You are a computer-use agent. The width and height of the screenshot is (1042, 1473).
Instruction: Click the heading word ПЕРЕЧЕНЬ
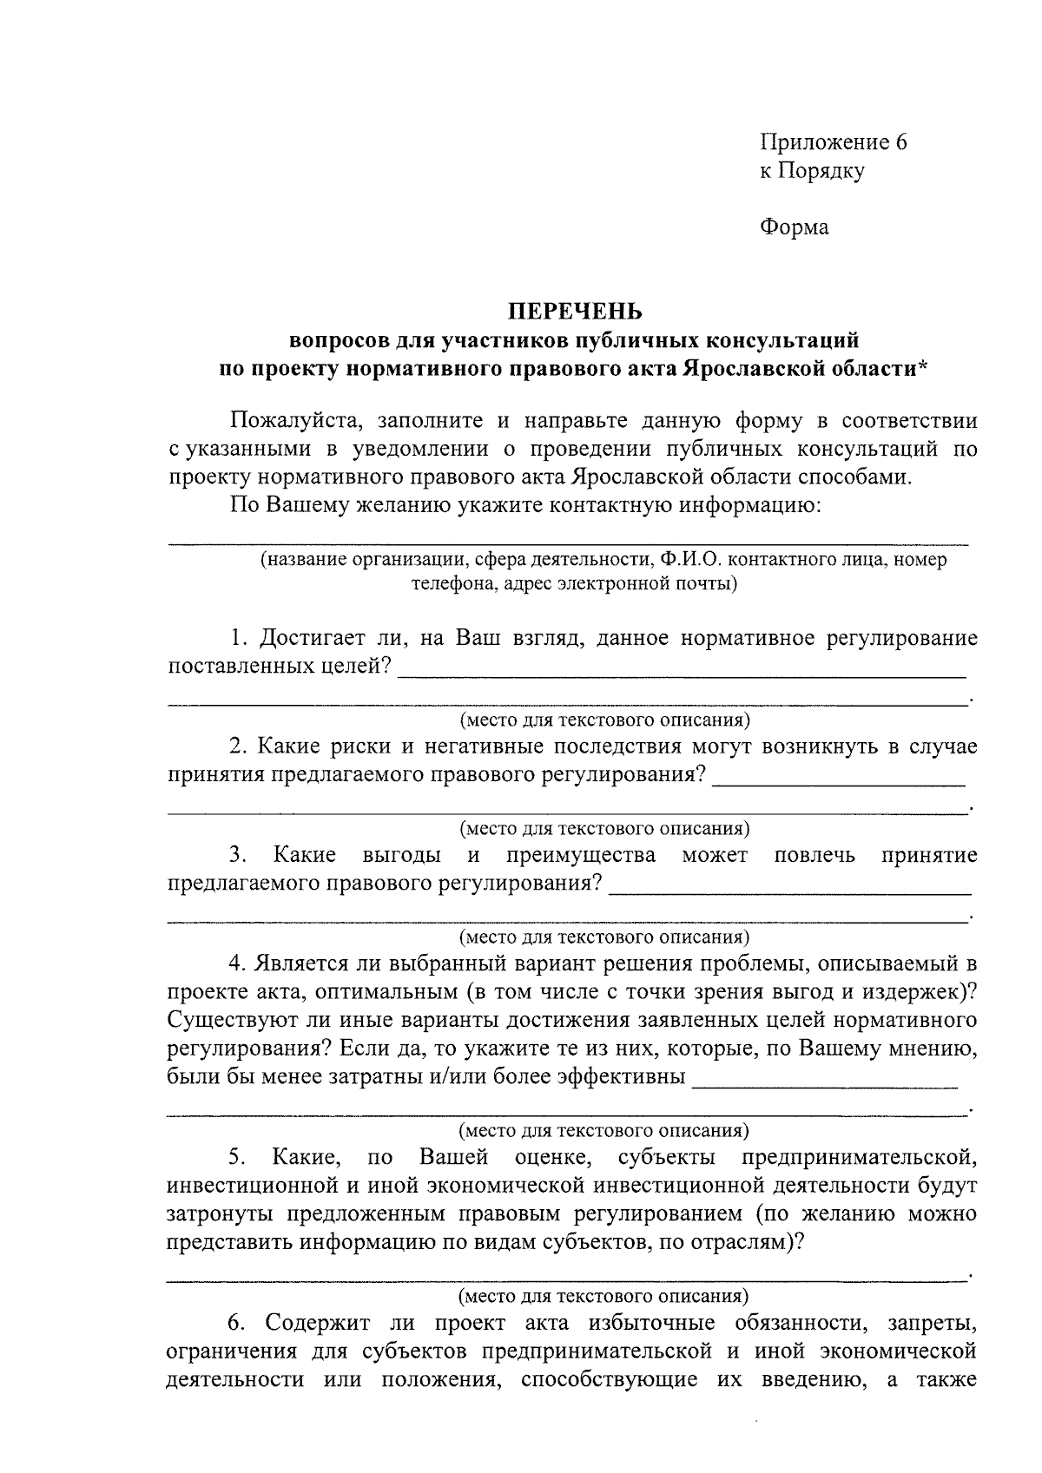point(574,311)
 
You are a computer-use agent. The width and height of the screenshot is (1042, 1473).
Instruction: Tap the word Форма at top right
point(794,227)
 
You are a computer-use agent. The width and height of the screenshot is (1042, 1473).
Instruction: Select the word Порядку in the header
point(824,171)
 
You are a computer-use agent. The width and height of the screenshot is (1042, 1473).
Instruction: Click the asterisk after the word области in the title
point(922,368)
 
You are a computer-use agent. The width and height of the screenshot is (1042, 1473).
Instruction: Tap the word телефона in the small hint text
point(448,584)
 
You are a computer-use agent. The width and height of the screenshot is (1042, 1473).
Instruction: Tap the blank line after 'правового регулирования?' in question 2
point(838,782)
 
